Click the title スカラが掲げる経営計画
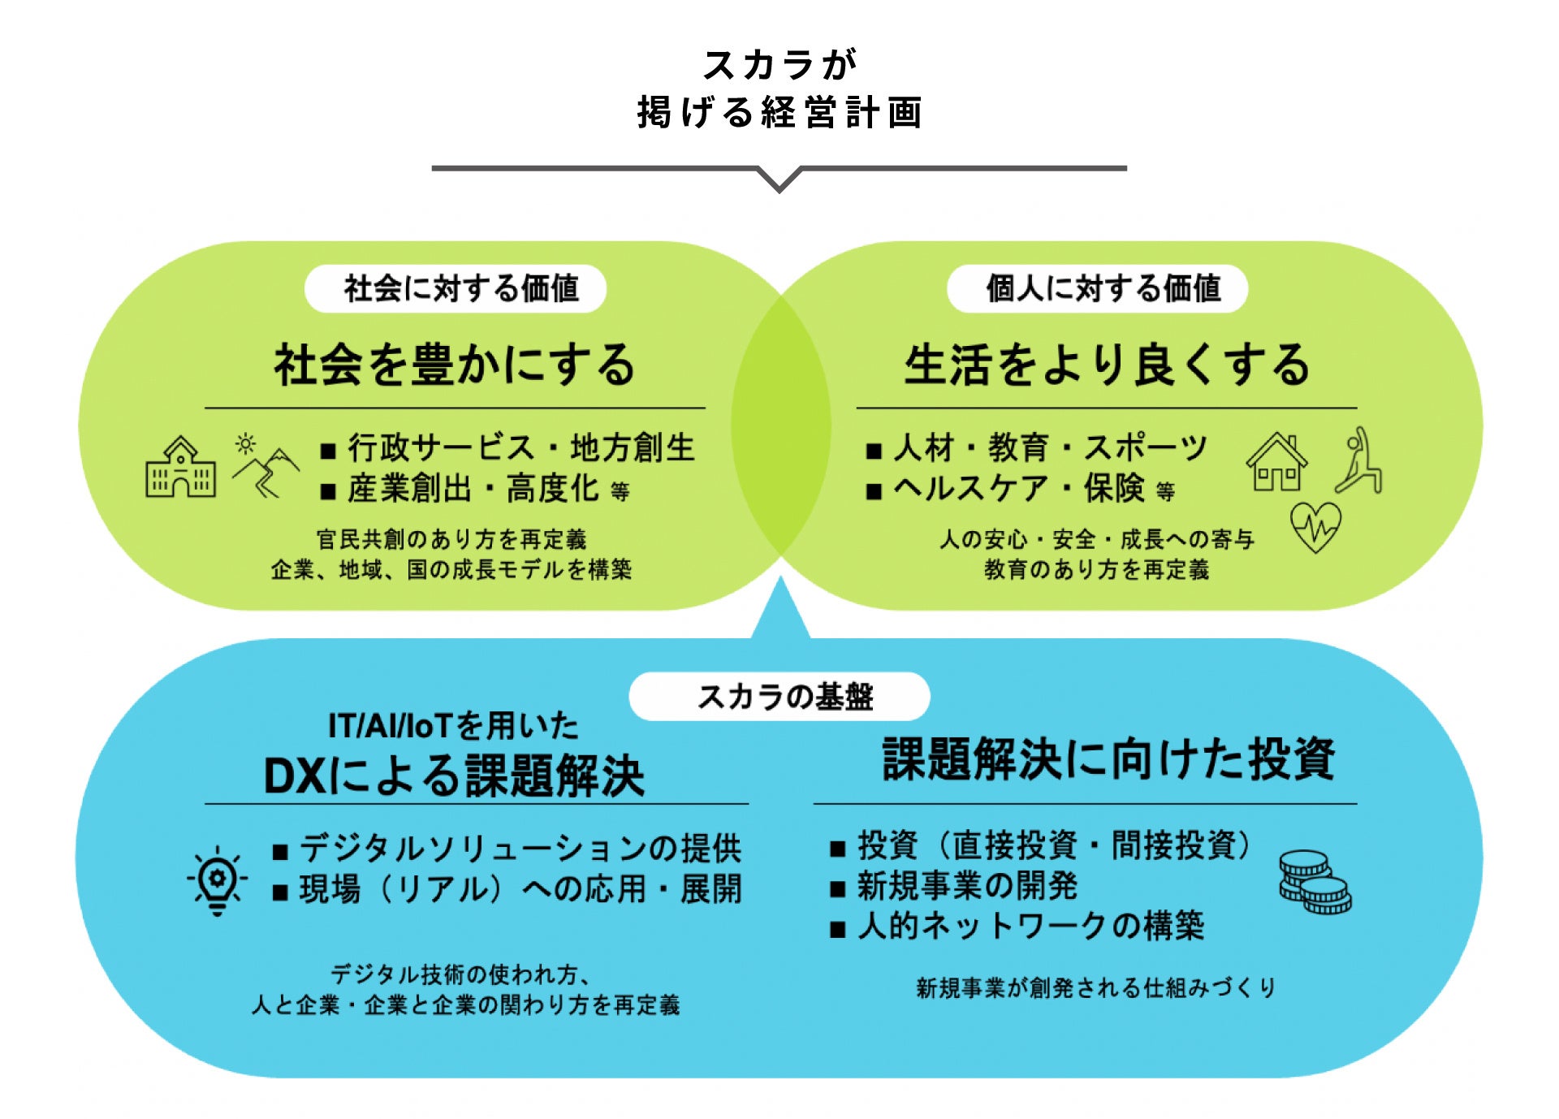(779, 89)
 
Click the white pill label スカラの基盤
(779, 697)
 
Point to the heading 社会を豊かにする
(455, 365)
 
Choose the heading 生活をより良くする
(1107, 365)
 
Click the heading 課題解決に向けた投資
(1108, 759)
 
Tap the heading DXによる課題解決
(454, 776)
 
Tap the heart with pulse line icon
(1315, 526)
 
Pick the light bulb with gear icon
(217, 880)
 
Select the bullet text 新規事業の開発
(967, 886)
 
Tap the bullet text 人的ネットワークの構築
(1030, 926)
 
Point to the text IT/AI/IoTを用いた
(453, 725)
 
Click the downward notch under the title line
(779, 179)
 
